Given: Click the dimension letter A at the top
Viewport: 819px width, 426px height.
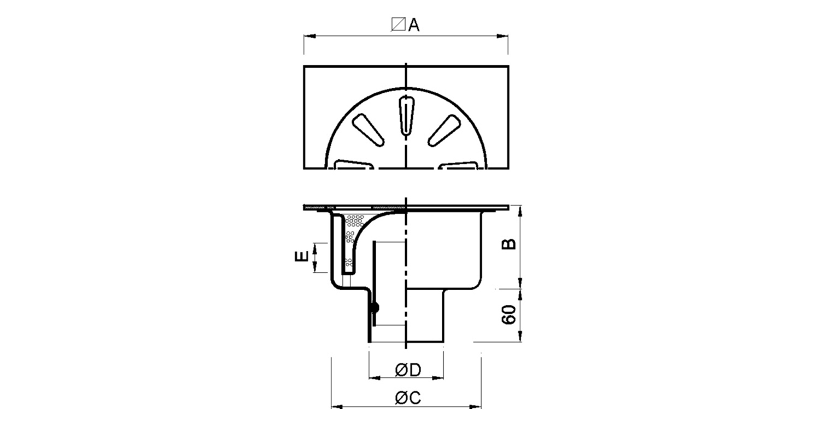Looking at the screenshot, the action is click(414, 25).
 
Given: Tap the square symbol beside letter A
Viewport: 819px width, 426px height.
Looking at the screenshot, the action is click(398, 24).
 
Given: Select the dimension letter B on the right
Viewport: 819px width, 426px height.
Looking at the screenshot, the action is click(508, 244).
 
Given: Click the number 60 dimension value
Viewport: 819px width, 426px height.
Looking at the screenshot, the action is click(508, 315).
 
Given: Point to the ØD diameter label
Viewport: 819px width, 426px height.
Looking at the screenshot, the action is click(408, 370).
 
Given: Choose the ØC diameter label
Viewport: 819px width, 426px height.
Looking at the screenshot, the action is click(408, 398).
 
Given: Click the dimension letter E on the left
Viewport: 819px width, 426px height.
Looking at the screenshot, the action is click(301, 257).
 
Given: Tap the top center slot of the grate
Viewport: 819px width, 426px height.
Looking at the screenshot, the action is click(406, 116).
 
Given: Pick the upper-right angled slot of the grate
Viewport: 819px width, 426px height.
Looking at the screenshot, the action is click(444, 130).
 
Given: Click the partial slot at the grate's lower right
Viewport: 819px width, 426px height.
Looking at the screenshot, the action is click(459, 164).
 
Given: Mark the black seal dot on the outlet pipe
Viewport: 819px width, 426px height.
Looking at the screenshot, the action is click(375, 308).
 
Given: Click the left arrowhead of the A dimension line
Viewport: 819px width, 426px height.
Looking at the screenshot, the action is click(309, 36).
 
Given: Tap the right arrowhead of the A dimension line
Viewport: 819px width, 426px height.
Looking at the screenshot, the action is click(503, 36).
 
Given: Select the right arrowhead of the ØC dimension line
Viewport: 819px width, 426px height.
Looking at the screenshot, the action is click(476, 407).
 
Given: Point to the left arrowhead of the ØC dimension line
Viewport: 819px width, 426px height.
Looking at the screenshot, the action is click(337, 407).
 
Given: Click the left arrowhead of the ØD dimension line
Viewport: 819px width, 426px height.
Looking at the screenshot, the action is click(375, 378).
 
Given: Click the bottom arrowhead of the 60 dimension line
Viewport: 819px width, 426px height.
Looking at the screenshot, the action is click(520, 337).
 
